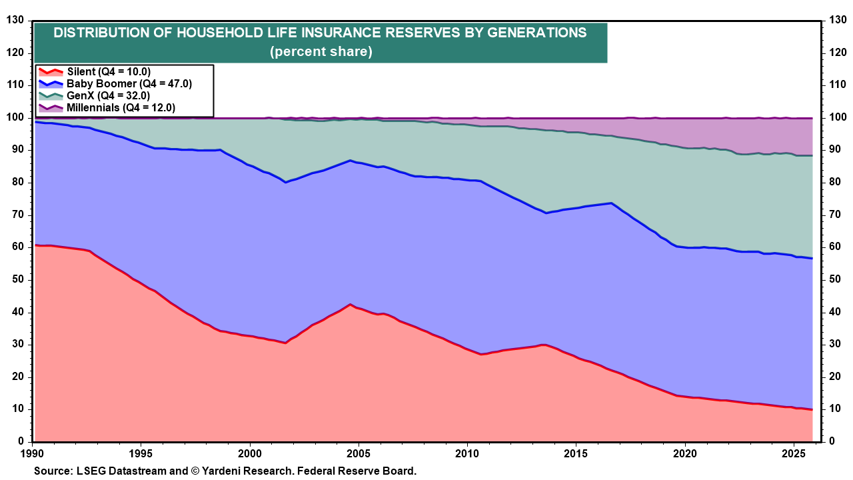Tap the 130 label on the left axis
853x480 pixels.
14,21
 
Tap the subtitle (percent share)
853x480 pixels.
321,51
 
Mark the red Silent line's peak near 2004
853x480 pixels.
350,305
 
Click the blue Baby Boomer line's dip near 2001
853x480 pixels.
285,182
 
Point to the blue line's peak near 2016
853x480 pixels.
611,203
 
